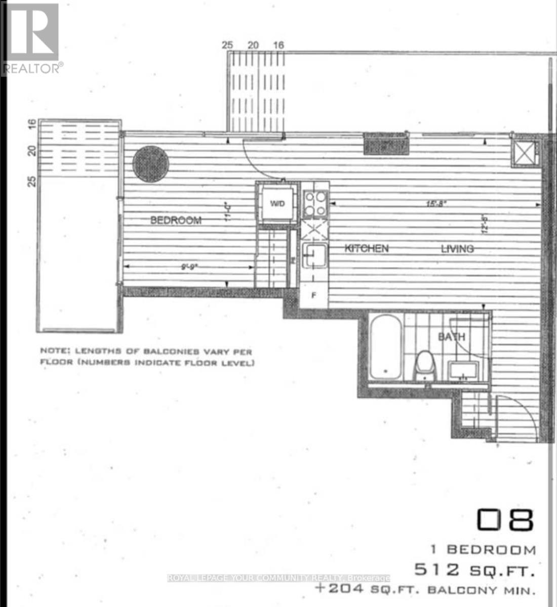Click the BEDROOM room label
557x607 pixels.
176,220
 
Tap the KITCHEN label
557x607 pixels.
367,248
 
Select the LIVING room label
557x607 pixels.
457,248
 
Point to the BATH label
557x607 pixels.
451,337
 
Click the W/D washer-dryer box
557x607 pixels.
277,204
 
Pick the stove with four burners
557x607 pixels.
315,204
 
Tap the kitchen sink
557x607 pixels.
314,254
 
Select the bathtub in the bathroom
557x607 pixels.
386,346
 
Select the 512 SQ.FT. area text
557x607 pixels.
474,571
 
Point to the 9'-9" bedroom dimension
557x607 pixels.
189,267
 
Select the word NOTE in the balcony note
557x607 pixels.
54,351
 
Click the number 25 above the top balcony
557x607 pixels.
227,45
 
